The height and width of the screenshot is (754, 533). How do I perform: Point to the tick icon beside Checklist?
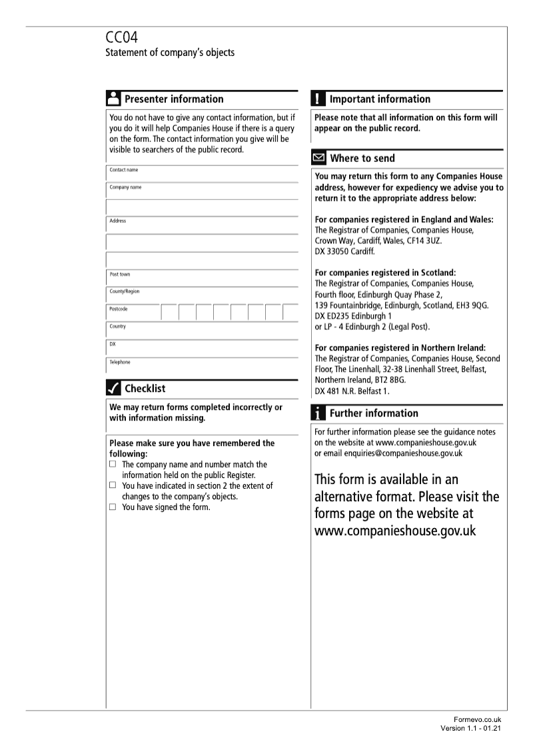click(x=113, y=389)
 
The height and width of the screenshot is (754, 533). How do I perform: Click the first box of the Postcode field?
click(x=169, y=312)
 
